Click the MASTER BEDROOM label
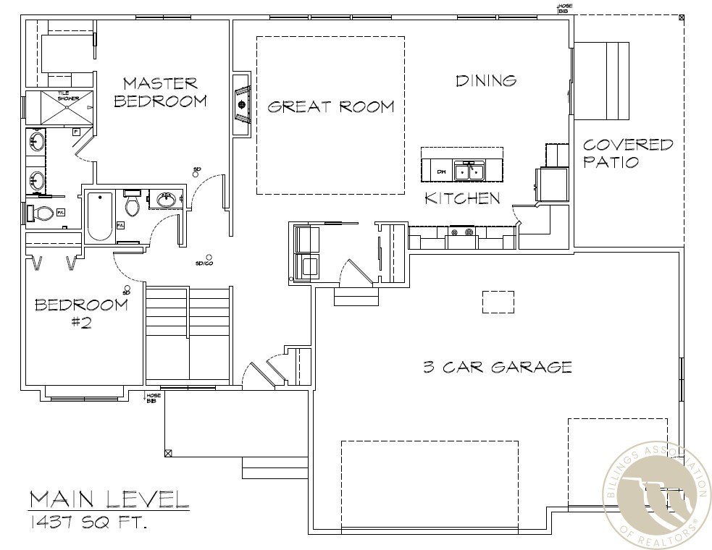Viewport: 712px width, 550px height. [160, 92]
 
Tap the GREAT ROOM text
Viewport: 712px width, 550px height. [331, 107]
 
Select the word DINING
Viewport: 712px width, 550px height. [486, 80]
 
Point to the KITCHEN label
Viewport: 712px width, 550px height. [462, 198]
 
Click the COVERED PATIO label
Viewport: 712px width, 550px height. [627, 153]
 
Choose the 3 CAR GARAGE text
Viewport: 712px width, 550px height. [497, 367]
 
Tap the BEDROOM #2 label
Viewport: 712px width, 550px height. [81, 313]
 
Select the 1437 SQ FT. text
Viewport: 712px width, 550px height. [88, 520]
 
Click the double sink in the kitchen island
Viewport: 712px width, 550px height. [469, 172]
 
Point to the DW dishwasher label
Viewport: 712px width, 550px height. [441, 172]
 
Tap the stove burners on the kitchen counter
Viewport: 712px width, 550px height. [461, 233]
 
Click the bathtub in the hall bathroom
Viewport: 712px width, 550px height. [100, 215]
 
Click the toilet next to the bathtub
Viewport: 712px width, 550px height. [132, 205]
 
